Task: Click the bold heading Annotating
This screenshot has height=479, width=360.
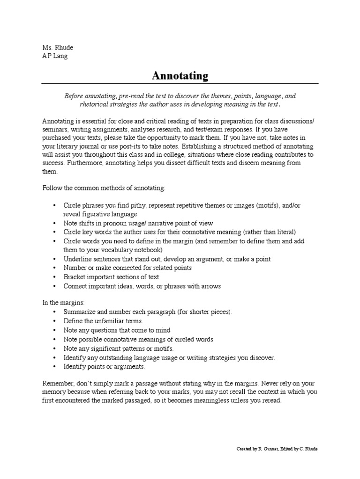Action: (x=180, y=75)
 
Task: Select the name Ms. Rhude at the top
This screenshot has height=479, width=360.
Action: (x=58, y=48)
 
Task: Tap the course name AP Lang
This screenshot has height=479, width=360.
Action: (x=55, y=56)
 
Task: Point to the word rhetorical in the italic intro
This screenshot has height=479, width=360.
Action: (x=95, y=104)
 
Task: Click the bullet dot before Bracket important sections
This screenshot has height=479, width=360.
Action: (x=54, y=277)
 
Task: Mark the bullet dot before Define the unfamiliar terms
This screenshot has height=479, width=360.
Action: (x=54, y=321)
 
